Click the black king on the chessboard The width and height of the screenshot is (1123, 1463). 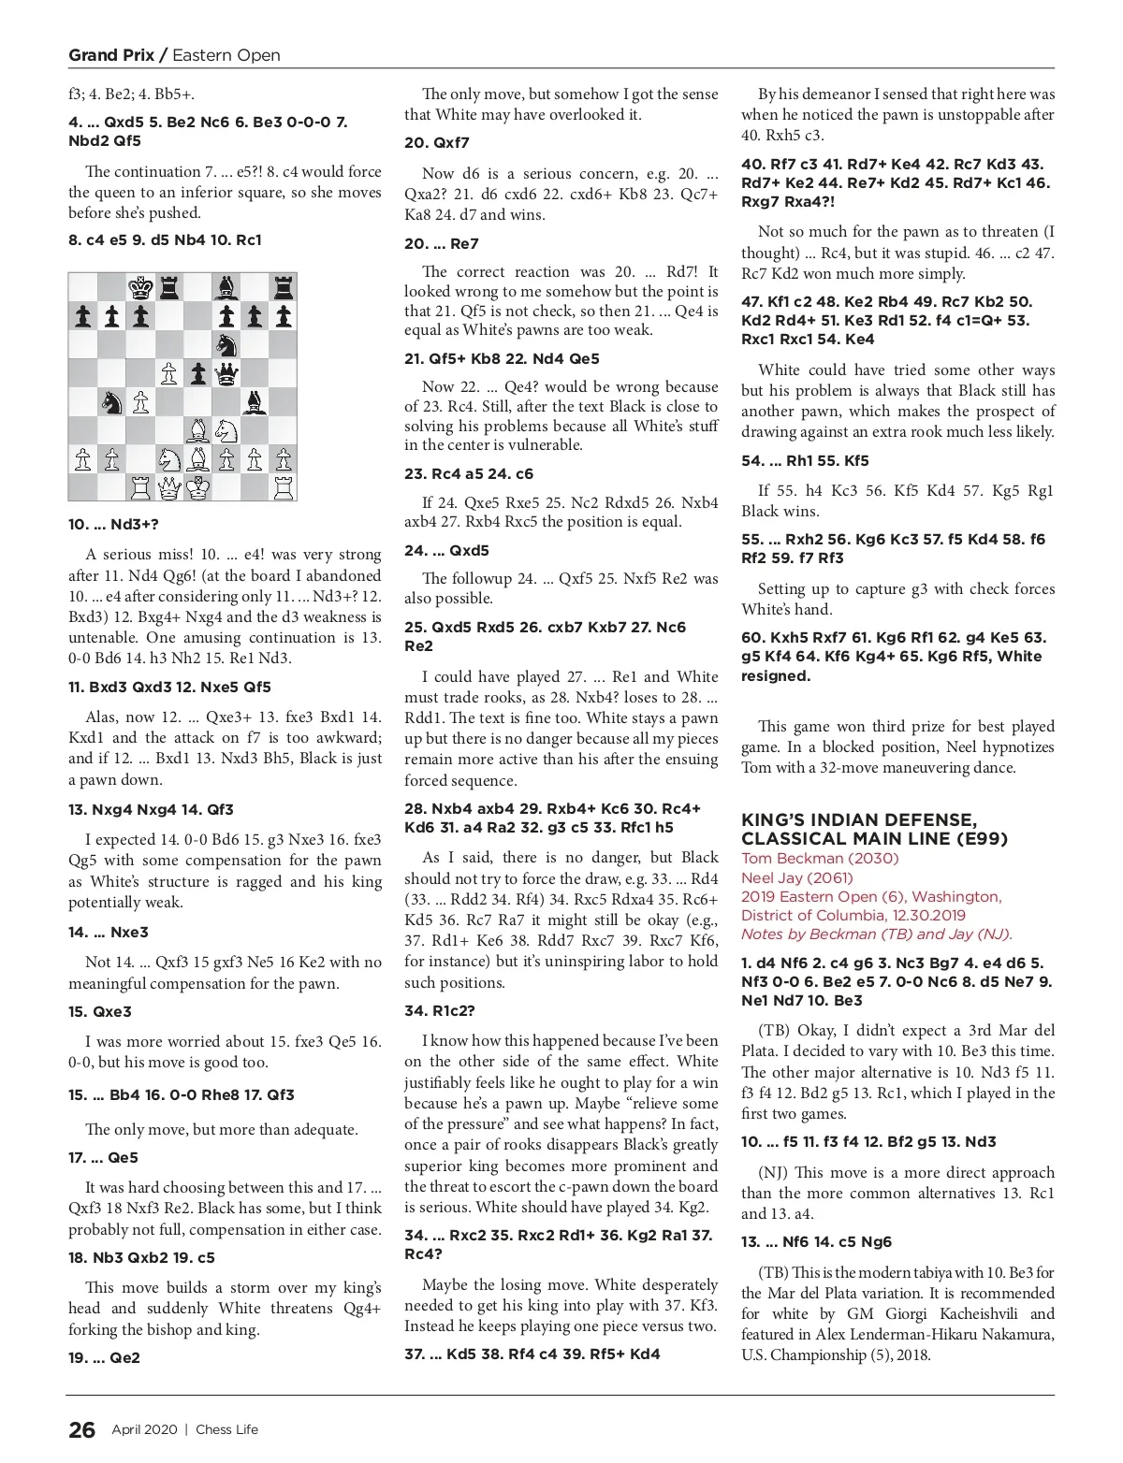[x=140, y=286]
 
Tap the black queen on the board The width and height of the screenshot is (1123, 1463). [x=226, y=373]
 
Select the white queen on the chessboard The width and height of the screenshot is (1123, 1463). [x=168, y=487]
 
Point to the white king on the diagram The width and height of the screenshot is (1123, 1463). [x=197, y=487]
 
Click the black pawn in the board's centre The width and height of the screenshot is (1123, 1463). [x=197, y=373]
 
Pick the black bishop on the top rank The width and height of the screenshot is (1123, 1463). [x=226, y=286]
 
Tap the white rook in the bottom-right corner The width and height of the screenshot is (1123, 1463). [x=283, y=487]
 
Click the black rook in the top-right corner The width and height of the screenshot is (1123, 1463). [x=283, y=286]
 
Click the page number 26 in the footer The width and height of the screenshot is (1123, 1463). [x=81, y=1429]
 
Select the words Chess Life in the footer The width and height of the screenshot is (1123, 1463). [x=226, y=1429]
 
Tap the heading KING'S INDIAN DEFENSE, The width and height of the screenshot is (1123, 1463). [x=859, y=820]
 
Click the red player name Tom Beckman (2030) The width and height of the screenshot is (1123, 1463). [x=820, y=859]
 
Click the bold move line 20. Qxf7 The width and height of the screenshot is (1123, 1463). [x=437, y=142]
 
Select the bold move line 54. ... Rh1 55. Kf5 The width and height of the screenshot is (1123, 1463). [x=805, y=460]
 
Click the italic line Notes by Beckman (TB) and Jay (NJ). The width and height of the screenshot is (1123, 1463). [x=877, y=934]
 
